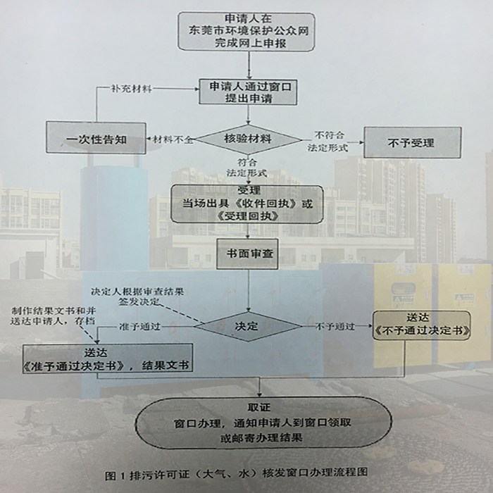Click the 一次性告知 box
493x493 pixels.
pyautogui.click(x=96, y=139)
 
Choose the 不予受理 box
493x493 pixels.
pyautogui.click(x=411, y=142)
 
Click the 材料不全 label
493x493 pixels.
pyautogui.click(x=170, y=140)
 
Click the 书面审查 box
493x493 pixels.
pyautogui.click(x=246, y=254)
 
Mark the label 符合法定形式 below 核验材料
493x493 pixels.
pyautogui.click(x=246, y=166)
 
